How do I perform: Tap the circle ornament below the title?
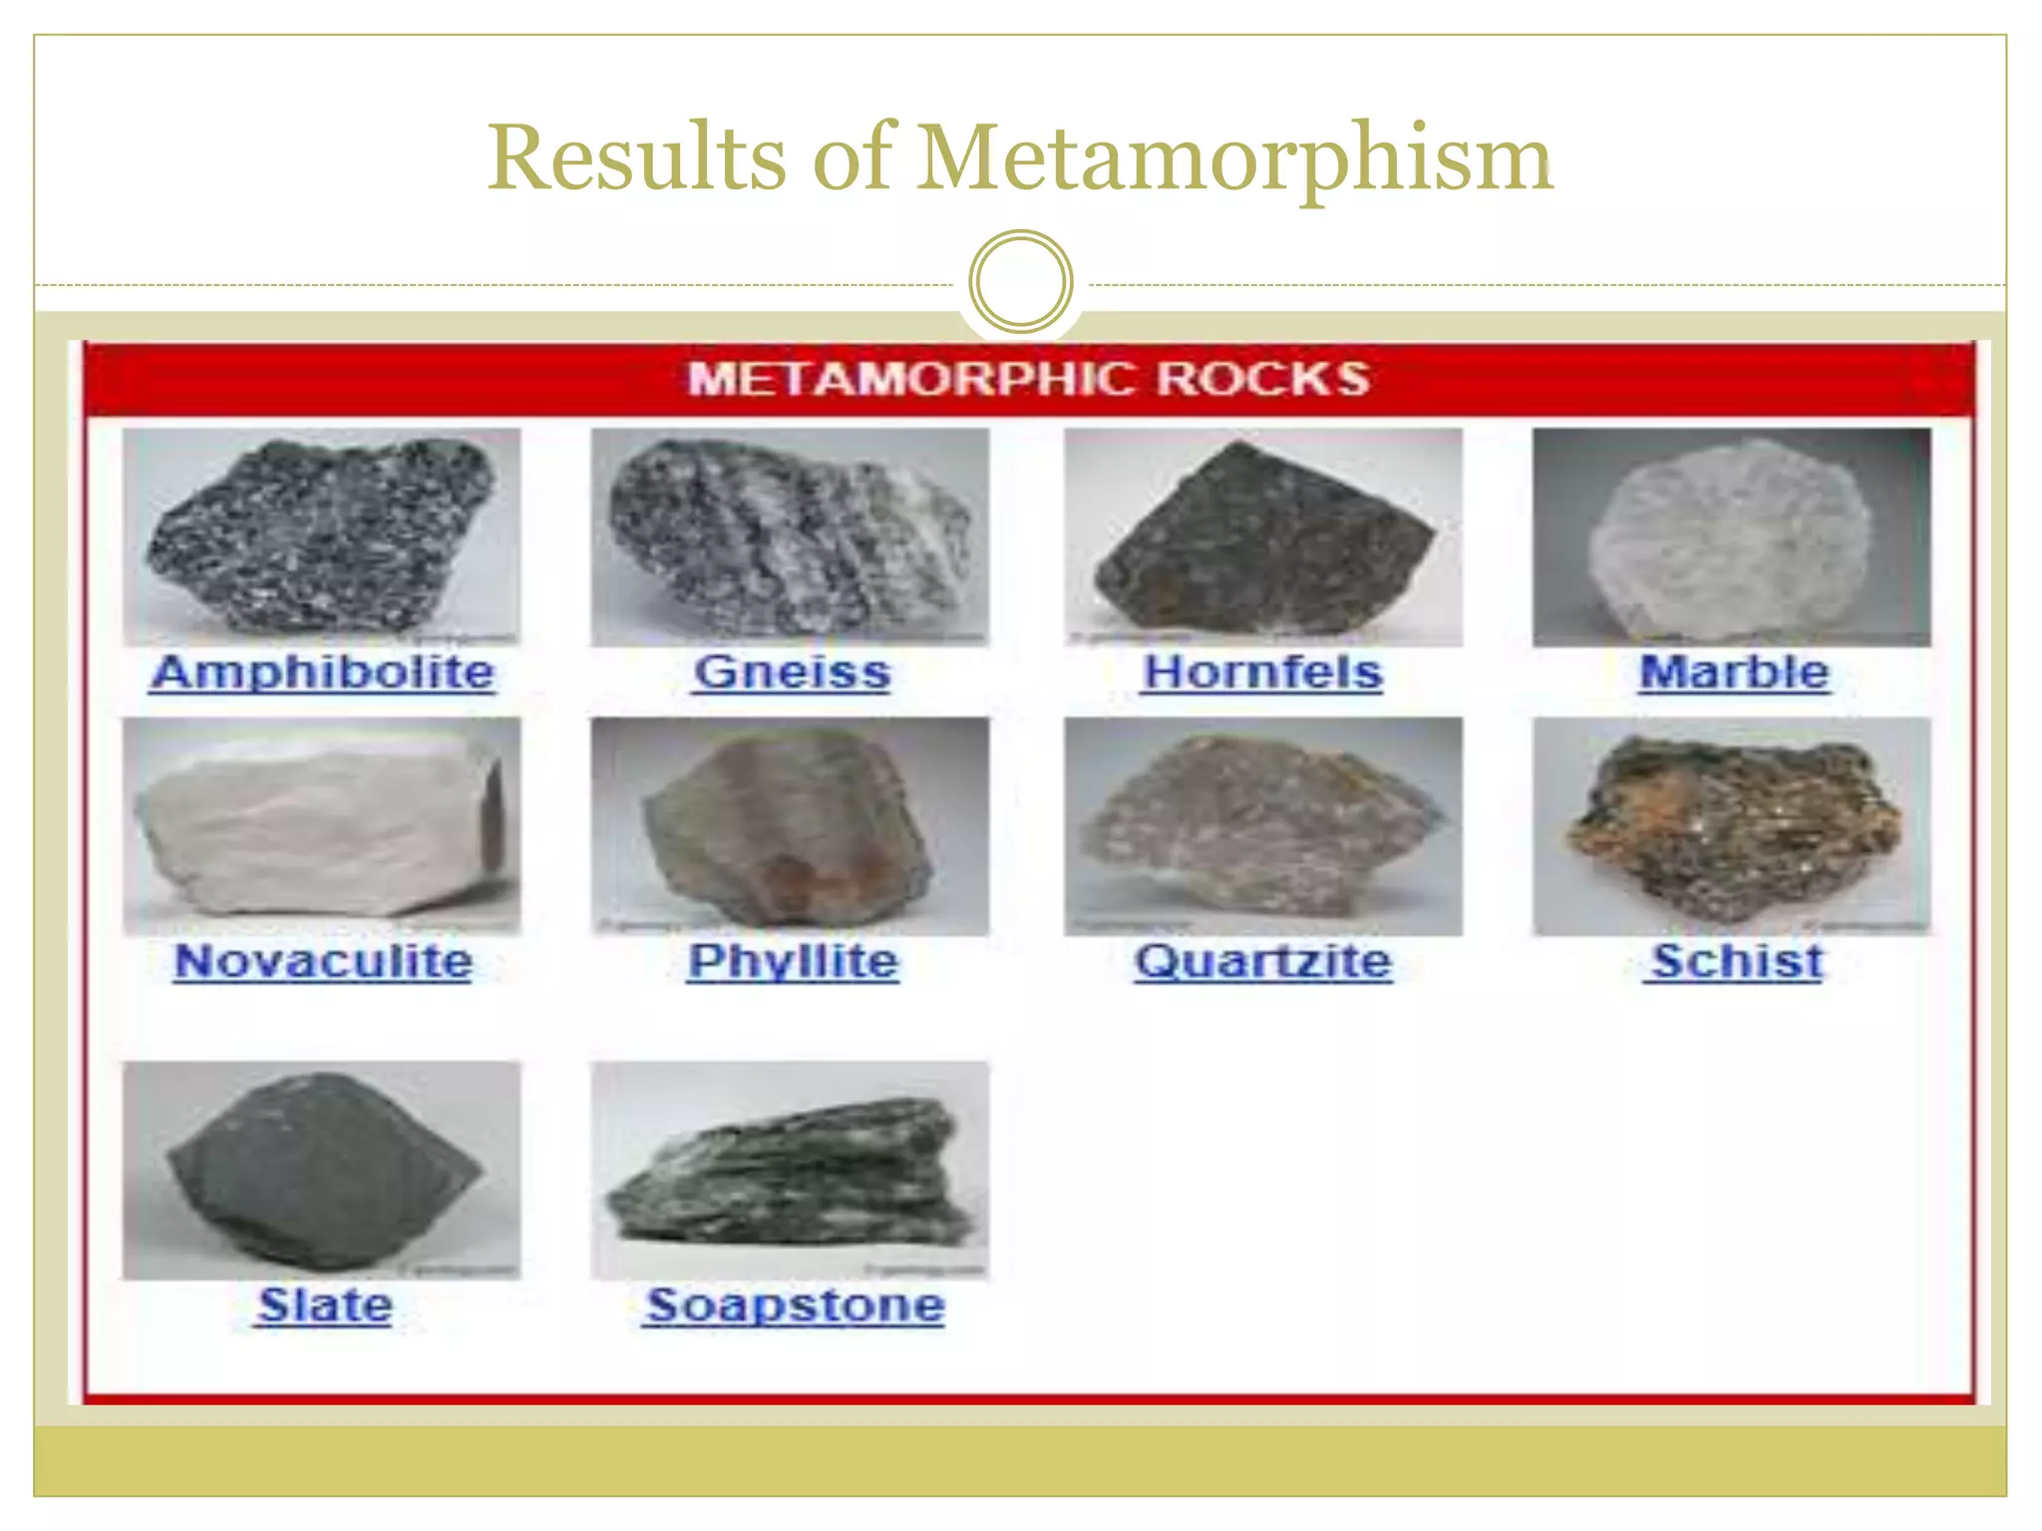(x=1020, y=282)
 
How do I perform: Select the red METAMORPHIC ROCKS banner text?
(x=1028, y=380)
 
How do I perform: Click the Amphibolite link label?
(x=322, y=673)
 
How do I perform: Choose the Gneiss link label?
(x=792, y=673)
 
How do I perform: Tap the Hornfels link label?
(x=1262, y=673)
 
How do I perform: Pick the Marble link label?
(x=1734, y=673)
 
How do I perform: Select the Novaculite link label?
(x=322, y=962)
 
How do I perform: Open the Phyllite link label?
(x=793, y=962)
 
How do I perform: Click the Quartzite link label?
(x=1262, y=962)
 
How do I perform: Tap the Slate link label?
(x=325, y=1306)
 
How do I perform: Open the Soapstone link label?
(x=794, y=1306)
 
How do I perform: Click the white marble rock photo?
(x=1731, y=538)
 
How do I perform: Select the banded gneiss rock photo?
(x=790, y=538)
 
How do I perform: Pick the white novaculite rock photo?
(x=322, y=826)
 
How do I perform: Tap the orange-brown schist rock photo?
(x=1731, y=826)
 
